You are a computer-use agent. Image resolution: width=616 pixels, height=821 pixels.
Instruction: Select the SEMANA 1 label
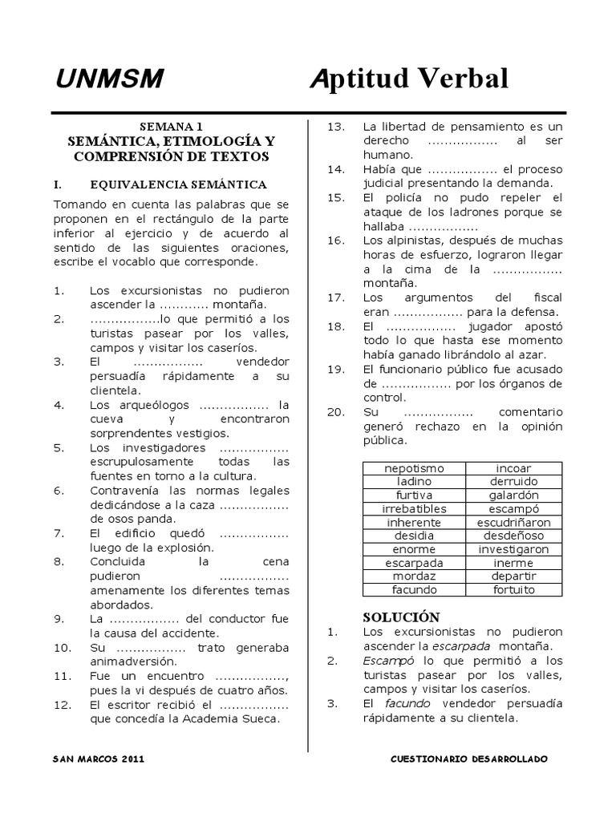(172, 126)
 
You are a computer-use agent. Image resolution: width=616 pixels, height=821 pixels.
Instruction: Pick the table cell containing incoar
(513, 467)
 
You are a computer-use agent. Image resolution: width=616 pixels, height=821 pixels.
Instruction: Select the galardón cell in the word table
(513, 495)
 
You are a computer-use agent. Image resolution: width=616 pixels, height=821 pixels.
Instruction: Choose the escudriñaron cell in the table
(513, 522)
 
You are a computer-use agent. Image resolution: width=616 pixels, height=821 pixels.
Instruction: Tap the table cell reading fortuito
(513, 590)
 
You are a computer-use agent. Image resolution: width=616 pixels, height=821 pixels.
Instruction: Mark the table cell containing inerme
(513, 563)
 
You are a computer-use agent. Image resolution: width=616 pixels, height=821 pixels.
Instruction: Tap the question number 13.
(336, 127)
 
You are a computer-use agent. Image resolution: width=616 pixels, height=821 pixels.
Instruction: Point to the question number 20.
(336, 411)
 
